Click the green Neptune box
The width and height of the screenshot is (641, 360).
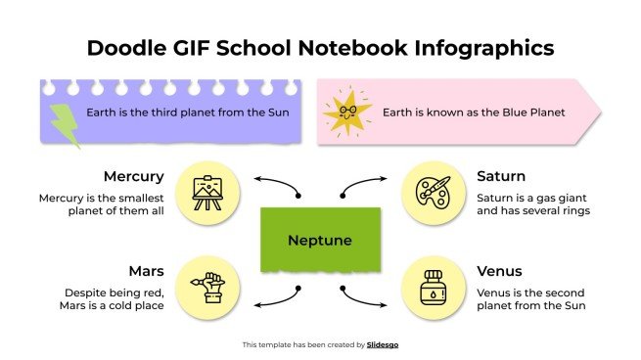tap(320, 240)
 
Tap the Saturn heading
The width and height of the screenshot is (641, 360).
tap(500, 177)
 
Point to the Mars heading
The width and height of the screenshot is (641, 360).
tap(145, 270)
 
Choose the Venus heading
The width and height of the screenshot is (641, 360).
tap(499, 270)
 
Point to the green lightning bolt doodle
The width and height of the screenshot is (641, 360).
tap(65, 124)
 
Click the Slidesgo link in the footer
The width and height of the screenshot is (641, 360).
tap(383, 344)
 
